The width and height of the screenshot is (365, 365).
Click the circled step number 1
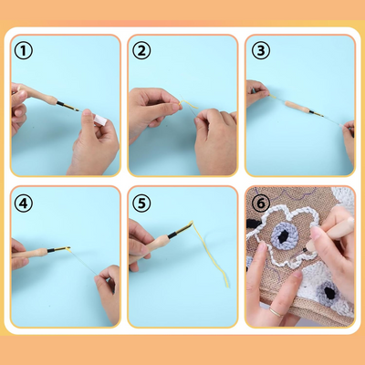(x=24, y=51)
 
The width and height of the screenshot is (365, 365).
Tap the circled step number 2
(x=141, y=51)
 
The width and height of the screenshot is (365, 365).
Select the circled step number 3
(x=259, y=51)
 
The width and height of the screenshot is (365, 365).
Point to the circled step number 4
(x=24, y=203)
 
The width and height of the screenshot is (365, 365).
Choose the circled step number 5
(x=141, y=203)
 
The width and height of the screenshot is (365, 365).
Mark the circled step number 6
(x=259, y=203)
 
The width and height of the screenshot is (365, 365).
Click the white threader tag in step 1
(x=98, y=118)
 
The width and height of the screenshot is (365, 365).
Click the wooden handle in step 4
(x=36, y=247)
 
